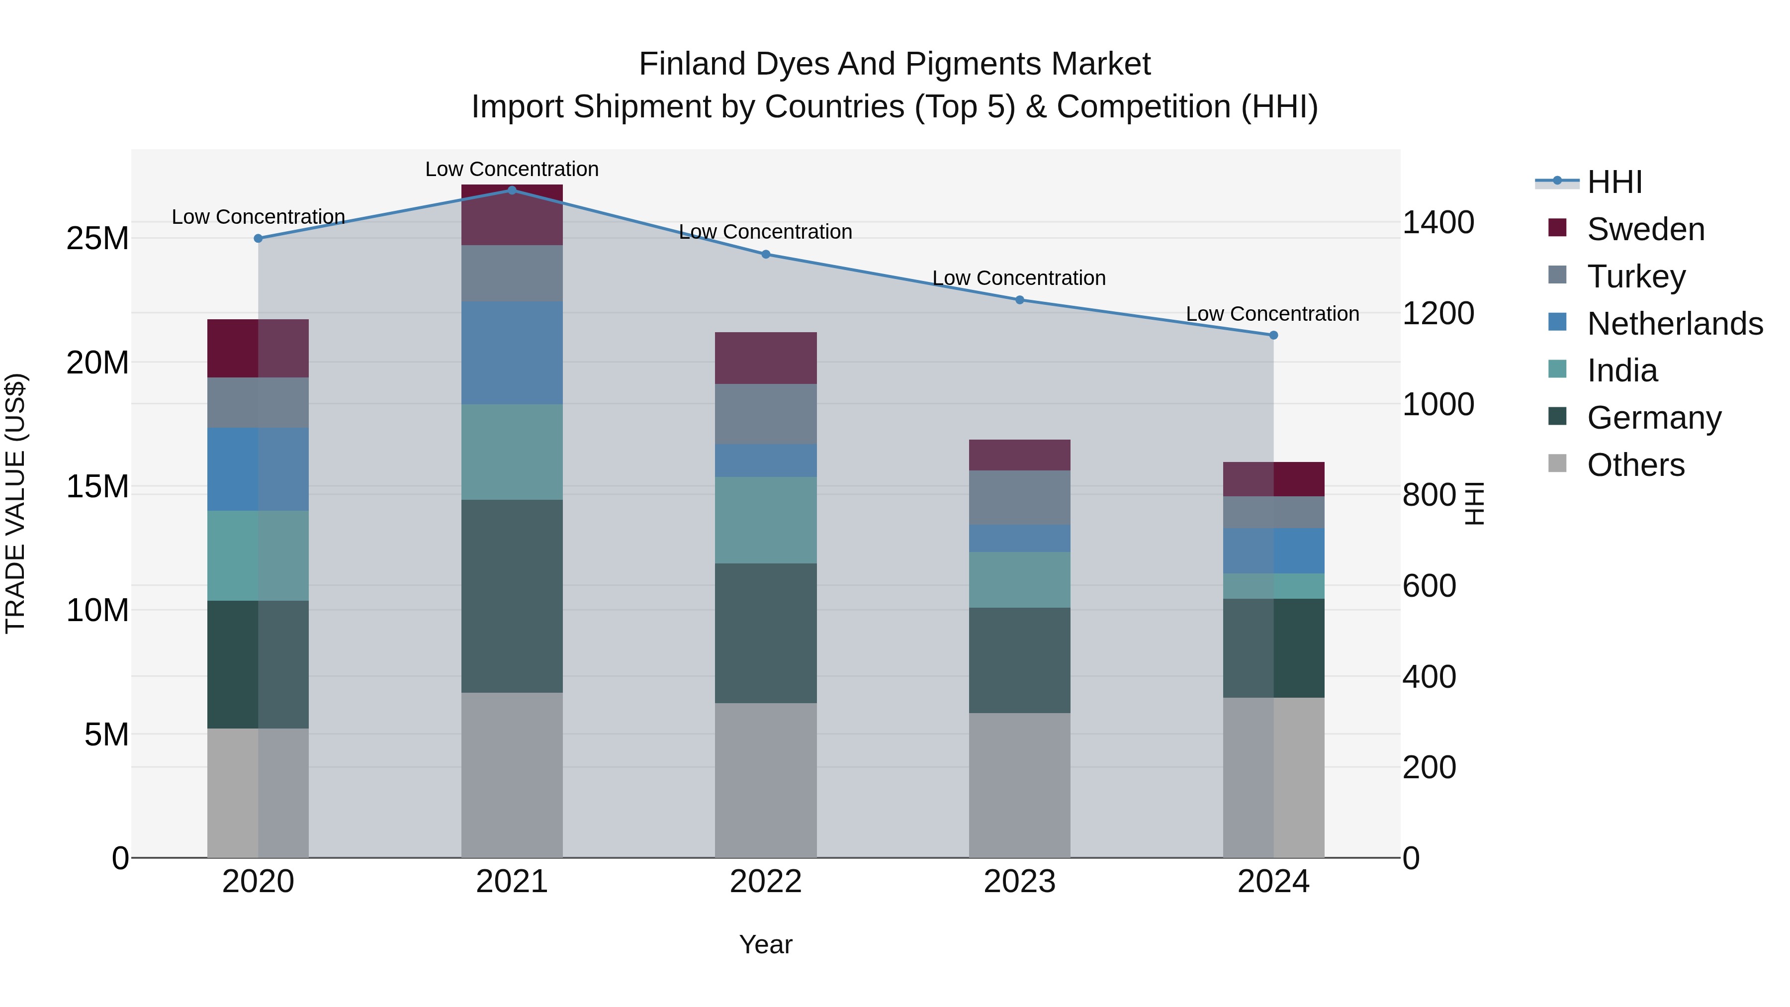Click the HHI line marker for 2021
512,190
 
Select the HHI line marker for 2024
1273,335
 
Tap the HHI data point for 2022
766,254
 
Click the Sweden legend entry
1645,229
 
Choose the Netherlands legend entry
1675,324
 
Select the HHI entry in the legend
1614,182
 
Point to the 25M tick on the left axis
97,238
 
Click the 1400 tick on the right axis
1437,222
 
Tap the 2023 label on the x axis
1019,882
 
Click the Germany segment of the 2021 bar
512,596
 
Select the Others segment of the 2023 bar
1019,785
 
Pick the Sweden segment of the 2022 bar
766,358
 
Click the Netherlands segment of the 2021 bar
512,353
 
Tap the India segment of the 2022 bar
766,520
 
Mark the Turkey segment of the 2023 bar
1019,498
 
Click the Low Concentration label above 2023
1019,278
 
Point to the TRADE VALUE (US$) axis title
15,503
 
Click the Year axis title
766,944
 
